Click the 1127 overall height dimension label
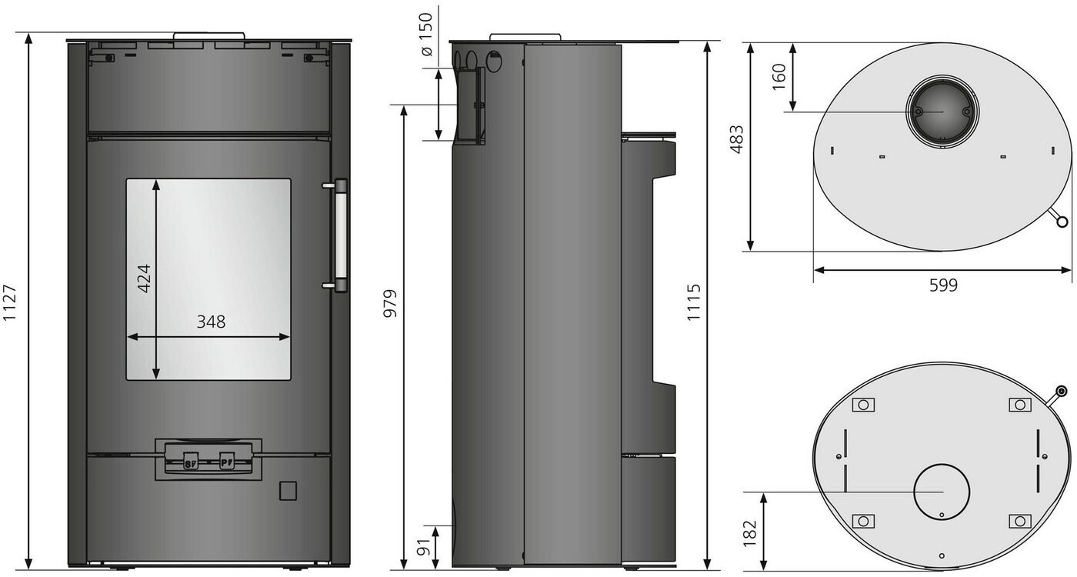point(10,303)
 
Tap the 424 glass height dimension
point(145,278)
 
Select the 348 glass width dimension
point(211,322)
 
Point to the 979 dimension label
point(390,303)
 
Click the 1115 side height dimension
point(693,302)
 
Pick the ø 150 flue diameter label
point(426,35)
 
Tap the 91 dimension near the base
point(424,547)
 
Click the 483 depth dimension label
point(737,139)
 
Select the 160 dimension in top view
point(779,77)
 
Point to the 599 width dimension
point(943,285)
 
